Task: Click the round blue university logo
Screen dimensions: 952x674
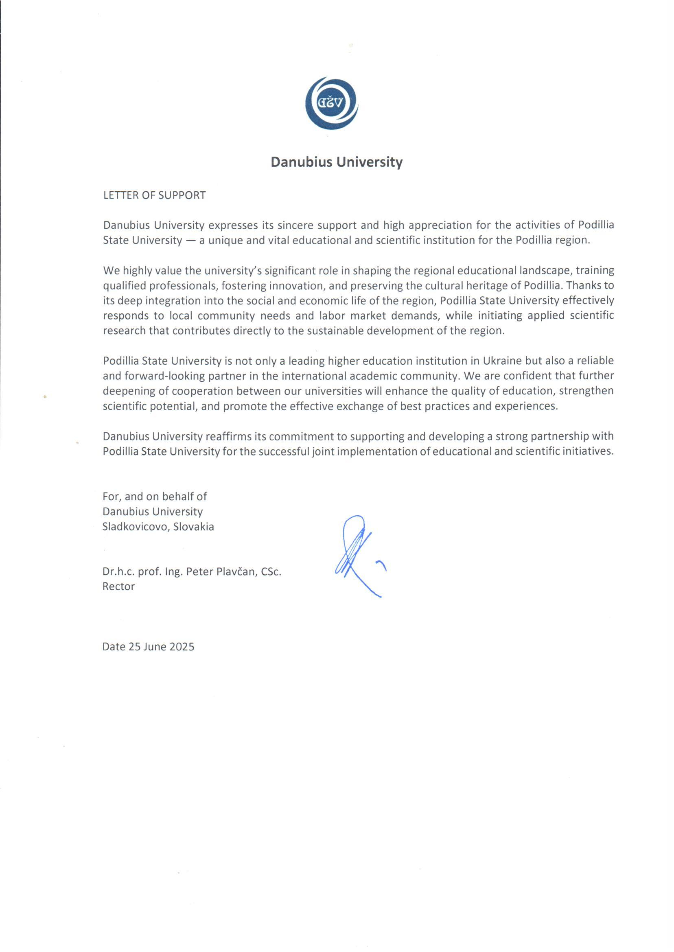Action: [x=332, y=103]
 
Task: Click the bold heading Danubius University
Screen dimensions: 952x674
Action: [x=337, y=162]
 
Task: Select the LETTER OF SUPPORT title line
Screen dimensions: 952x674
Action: [x=154, y=195]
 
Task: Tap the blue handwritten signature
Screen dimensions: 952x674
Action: [x=357, y=554]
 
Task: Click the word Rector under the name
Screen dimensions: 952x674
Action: [x=119, y=587]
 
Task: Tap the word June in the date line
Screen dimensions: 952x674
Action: [x=155, y=647]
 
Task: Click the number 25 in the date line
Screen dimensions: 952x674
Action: [x=134, y=647]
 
